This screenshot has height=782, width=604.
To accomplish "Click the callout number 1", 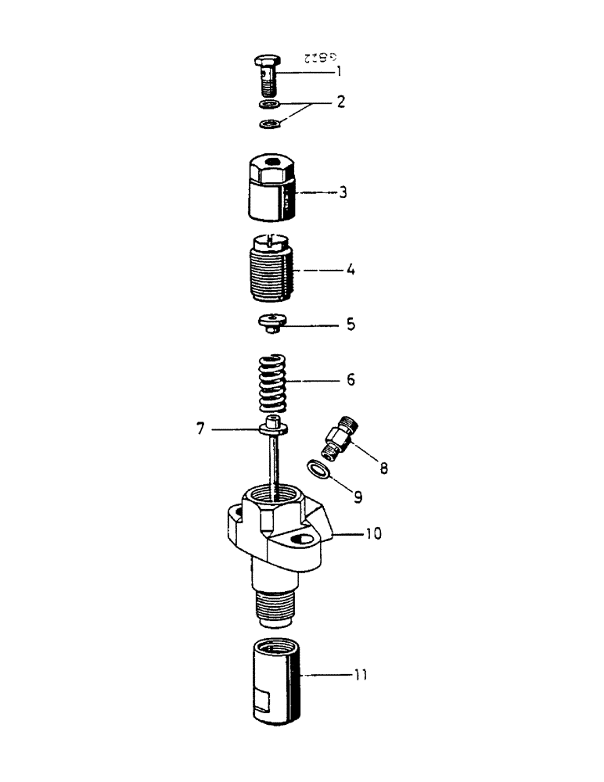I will pos(338,71).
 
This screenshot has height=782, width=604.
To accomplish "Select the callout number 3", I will pos(343,192).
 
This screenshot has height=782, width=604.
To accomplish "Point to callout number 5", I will pos(351,322).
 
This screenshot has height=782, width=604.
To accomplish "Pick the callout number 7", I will pos(201,429).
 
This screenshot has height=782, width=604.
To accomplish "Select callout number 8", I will pos(383,469).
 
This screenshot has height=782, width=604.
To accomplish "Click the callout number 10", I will pos(375,536).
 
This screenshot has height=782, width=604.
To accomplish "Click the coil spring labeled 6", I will pos(271,381).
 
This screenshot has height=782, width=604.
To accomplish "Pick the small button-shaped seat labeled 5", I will pos(270,321).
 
